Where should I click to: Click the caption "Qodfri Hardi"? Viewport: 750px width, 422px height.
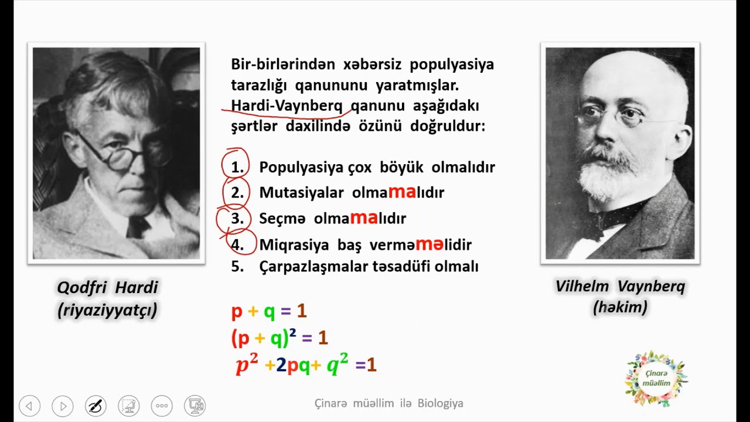(x=107, y=288)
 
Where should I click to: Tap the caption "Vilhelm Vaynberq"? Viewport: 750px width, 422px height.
(x=620, y=287)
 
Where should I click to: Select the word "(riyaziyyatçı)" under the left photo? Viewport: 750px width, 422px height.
(x=107, y=309)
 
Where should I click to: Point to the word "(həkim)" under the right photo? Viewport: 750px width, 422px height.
(x=620, y=307)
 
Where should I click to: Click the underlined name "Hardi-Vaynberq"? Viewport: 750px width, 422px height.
(x=287, y=105)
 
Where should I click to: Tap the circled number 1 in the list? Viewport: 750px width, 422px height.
(x=237, y=168)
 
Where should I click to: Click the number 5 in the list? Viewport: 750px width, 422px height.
(x=237, y=267)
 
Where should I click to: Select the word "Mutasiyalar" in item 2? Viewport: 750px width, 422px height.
(x=301, y=193)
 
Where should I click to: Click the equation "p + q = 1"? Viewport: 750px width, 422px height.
(x=269, y=311)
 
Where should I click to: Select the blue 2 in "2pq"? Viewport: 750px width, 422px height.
(x=281, y=365)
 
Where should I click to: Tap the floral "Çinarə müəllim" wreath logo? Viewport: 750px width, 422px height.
(x=656, y=379)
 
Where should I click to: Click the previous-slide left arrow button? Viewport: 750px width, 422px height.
(x=29, y=406)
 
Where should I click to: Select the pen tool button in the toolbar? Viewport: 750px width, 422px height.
(x=96, y=406)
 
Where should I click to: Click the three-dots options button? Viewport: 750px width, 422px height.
(x=162, y=406)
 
